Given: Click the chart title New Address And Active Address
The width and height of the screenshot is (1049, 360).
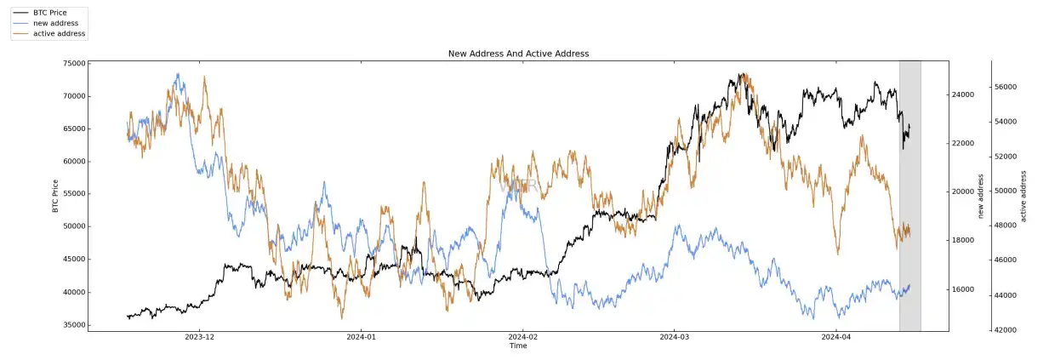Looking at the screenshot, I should point(518,54).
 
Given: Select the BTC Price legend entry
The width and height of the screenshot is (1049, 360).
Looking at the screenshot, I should point(49,13).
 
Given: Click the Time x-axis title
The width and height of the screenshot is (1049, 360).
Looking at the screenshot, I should point(518,346).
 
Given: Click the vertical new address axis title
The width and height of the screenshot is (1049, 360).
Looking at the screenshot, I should point(981,196).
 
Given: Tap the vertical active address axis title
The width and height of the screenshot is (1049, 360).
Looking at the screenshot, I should point(1023,196).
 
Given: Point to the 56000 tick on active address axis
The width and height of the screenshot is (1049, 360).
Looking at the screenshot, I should point(1005,87).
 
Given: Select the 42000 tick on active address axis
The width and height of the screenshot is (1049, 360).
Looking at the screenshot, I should point(1005,329).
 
